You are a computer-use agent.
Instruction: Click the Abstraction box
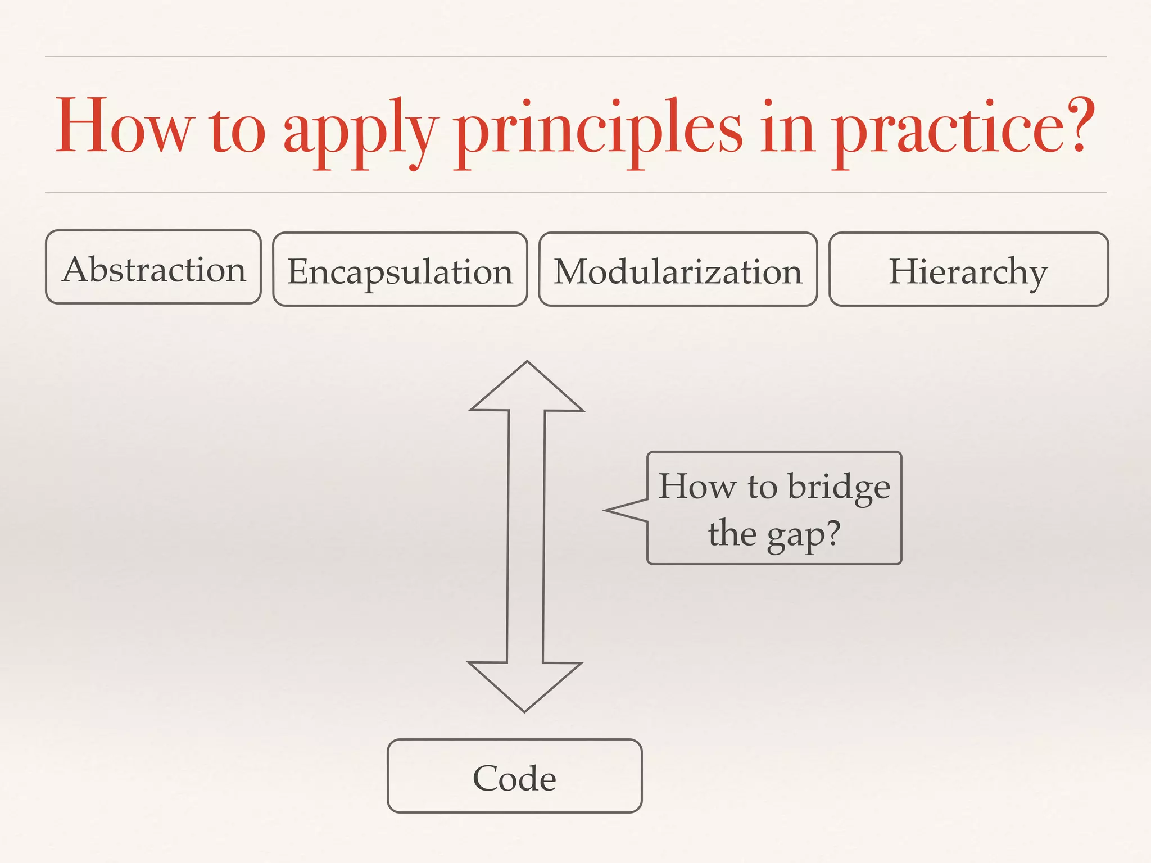click(153, 267)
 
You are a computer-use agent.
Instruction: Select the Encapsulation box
click(400, 270)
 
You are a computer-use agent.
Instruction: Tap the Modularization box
click(678, 270)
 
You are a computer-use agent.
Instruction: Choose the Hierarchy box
click(968, 270)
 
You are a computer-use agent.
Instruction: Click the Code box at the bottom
click(514, 776)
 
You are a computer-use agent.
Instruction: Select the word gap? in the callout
click(804, 534)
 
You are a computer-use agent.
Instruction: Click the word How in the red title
click(124, 126)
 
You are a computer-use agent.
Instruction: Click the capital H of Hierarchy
click(904, 271)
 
